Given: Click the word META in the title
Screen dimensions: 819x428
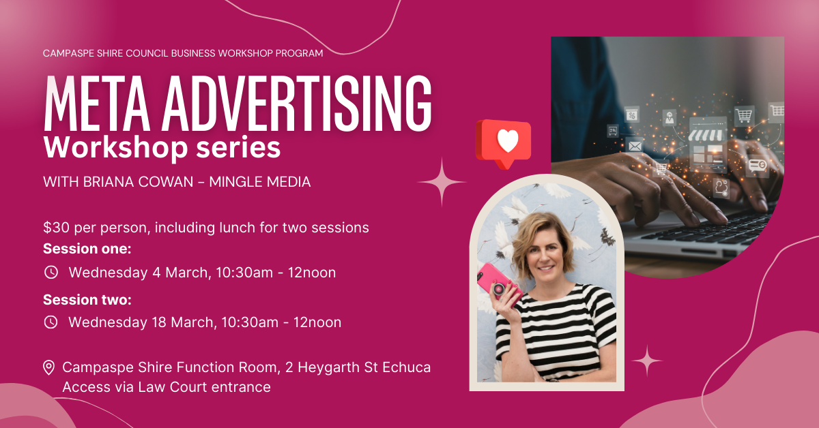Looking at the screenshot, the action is [97, 103].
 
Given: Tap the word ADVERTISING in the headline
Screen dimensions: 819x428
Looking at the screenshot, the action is [297, 103].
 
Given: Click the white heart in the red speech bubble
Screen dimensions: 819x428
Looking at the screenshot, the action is [508, 140].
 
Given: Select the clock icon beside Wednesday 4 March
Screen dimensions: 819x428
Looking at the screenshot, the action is [51, 273].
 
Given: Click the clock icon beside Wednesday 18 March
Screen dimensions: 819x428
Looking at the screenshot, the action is [51, 322].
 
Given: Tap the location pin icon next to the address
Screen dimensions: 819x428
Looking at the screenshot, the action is [48, 368].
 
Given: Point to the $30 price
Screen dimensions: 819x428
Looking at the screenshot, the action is [56, 228].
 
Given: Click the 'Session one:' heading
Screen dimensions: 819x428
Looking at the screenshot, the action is [87, 249].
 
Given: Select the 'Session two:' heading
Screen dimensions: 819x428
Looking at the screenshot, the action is [87, 300].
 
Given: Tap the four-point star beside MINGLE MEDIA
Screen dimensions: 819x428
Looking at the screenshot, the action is [442, 182].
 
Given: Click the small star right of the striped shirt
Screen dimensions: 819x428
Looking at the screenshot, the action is [647, 361].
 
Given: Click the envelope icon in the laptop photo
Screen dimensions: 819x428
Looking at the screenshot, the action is [635, 146].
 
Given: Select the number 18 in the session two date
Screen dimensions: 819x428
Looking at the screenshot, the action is [159, 322].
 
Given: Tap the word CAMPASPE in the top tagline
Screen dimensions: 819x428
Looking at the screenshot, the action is [68, 53].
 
